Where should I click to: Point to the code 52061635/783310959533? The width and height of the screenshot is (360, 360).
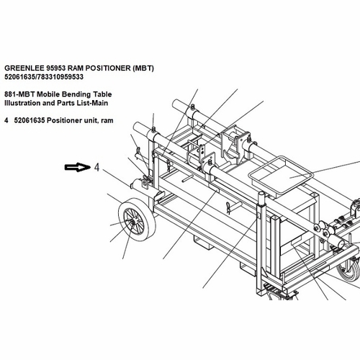coord(44,77)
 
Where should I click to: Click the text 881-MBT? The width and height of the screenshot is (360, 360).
coord(19,94)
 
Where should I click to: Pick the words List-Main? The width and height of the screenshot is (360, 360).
coord(92,103)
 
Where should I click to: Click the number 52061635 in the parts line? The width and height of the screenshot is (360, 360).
coord(30,120)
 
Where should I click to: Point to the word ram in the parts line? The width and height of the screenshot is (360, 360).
coord(107,121)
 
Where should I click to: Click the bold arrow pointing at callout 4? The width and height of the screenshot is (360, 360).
coord(77,167)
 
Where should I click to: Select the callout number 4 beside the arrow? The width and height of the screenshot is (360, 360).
coord(96,167)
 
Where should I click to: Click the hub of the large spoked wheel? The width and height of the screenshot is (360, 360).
coord(132,223)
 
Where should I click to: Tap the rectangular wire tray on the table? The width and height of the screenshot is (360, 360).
coord(280,175)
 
